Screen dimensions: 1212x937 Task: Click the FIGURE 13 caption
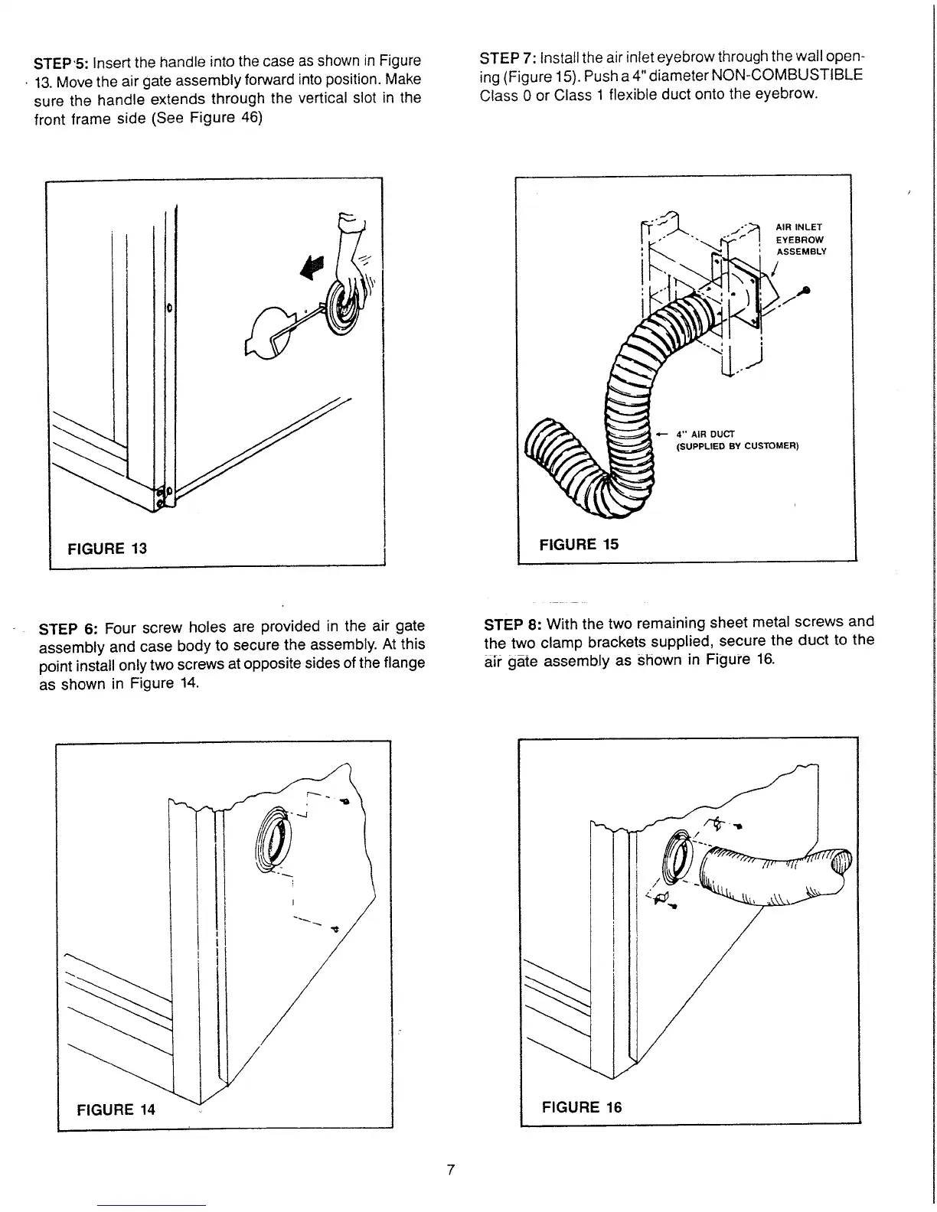(x=107, y=549)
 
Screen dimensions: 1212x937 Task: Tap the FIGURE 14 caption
(x=116, y=1109)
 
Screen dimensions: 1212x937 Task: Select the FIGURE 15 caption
(x=579, y=544)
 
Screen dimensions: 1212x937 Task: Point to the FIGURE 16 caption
(x=582, y=1106)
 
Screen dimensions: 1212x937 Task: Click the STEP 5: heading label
(x=64, y=62)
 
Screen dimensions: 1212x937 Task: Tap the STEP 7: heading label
(x=507, y=58)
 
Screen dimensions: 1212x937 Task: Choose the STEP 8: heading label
(x=513, y=623)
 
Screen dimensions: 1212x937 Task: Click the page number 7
(x=451, y=1169)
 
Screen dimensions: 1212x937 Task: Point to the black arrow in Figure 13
(x=312, y=267)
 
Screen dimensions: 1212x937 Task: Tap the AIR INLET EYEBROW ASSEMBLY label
(x=801, y=239)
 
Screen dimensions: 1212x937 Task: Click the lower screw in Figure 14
(x=334, y=929)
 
